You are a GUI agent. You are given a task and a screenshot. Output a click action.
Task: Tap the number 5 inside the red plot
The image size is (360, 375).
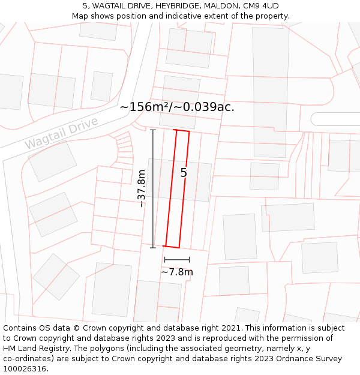coord(184,173)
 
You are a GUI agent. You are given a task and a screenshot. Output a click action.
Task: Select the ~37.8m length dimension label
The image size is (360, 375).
coord(142,188)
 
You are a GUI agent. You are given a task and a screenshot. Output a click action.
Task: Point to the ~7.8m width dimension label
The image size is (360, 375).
coord(177,272)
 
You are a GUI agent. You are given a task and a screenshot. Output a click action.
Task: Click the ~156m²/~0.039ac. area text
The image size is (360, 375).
coord(177,107)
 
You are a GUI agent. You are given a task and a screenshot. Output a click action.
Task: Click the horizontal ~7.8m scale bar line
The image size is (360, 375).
coord(177,260)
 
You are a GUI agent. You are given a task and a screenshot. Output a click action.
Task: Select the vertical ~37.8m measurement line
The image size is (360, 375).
coord(153,188)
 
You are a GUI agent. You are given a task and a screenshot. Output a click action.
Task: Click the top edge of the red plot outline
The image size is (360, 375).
coord(182,130)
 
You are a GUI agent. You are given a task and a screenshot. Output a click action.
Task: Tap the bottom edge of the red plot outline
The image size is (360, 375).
coord(172,246)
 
